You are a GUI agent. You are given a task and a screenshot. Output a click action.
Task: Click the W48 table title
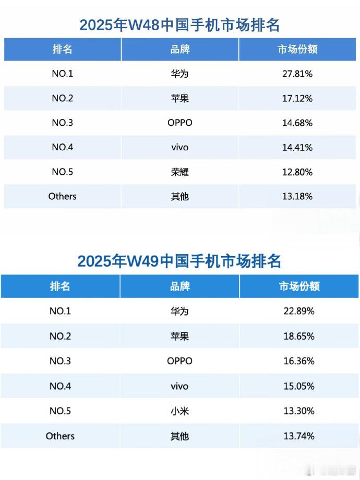[x=179, y=25]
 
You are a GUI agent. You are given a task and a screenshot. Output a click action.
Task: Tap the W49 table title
[x=179, y=260]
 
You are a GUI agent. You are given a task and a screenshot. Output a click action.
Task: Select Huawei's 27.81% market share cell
[x=297, y=74]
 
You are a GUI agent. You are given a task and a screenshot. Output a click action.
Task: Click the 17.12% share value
[x=297, y=99]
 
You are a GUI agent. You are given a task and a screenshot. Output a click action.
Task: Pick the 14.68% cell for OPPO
[x=297, y=123]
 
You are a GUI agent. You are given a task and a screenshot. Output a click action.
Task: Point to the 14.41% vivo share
[x=297, y=148]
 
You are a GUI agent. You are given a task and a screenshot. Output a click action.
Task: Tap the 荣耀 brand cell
[x=179, y=172]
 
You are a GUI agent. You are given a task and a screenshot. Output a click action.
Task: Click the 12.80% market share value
[x=297, y=172]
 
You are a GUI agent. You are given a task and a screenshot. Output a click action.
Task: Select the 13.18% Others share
[x=297, y=197]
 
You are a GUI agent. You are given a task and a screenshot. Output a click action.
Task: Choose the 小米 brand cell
[x=179, y=411]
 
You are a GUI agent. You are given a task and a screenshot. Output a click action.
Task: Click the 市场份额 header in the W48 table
[x=297, y=50]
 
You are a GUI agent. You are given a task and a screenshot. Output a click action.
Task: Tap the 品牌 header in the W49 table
[x=179, y=286]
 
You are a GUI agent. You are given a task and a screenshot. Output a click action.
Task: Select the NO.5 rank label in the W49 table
[x=60, y=411]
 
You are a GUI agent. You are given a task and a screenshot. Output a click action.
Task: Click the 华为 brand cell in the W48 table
[x=179, y=74]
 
